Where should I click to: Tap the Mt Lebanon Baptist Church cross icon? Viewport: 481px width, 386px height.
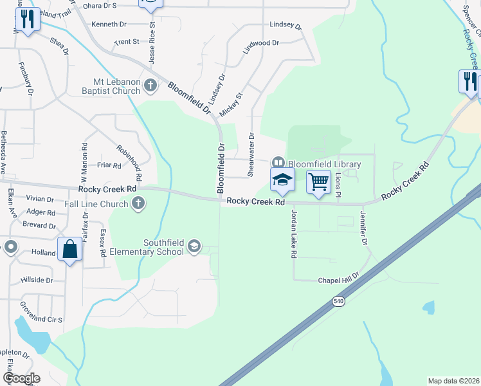(150, 84)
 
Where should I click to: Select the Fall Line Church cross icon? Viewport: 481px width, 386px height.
(138, 205)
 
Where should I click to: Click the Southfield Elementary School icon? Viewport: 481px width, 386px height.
(194, 246)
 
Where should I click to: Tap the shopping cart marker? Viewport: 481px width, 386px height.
(319, 182)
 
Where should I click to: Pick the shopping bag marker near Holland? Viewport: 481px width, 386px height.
(69, 248)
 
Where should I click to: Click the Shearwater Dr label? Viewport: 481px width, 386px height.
(251, 154)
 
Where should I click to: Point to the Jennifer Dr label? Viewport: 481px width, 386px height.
(363, 228)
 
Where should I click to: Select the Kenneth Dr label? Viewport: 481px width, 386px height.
(109, 24)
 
